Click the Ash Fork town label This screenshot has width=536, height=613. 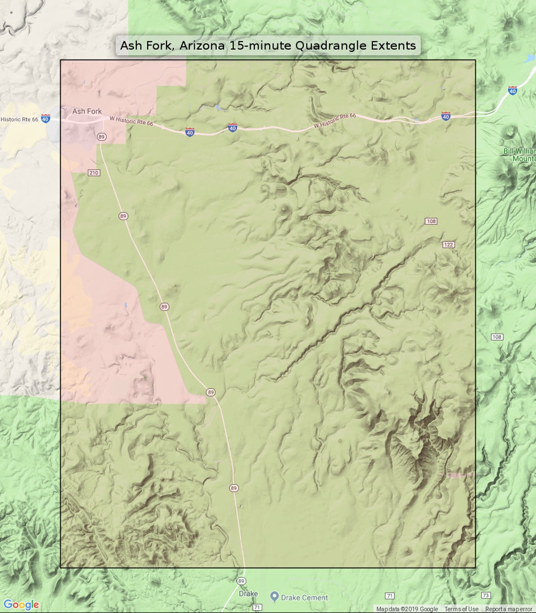(87, 111)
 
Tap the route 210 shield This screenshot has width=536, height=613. (94, 173)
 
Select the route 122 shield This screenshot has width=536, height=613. (449, 244)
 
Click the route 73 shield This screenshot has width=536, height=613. (486, 595)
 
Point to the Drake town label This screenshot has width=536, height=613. (248, 594)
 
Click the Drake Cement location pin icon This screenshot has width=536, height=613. (275, 597)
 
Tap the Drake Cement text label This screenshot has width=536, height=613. (304, 598)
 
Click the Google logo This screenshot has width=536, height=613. (21, 605)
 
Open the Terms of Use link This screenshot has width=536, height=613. (461, 609)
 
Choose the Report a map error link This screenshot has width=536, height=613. (509, 609)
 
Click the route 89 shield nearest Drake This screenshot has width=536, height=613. (241, 581)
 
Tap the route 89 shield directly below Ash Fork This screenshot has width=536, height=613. (102, 137)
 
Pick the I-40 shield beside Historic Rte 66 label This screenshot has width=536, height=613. (45, 119)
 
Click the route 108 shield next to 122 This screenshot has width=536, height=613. (431, 221)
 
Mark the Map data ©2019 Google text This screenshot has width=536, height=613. (407, 609)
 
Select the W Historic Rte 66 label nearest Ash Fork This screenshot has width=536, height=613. (131, 121)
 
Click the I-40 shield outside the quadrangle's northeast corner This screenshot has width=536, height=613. (512, 90)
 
